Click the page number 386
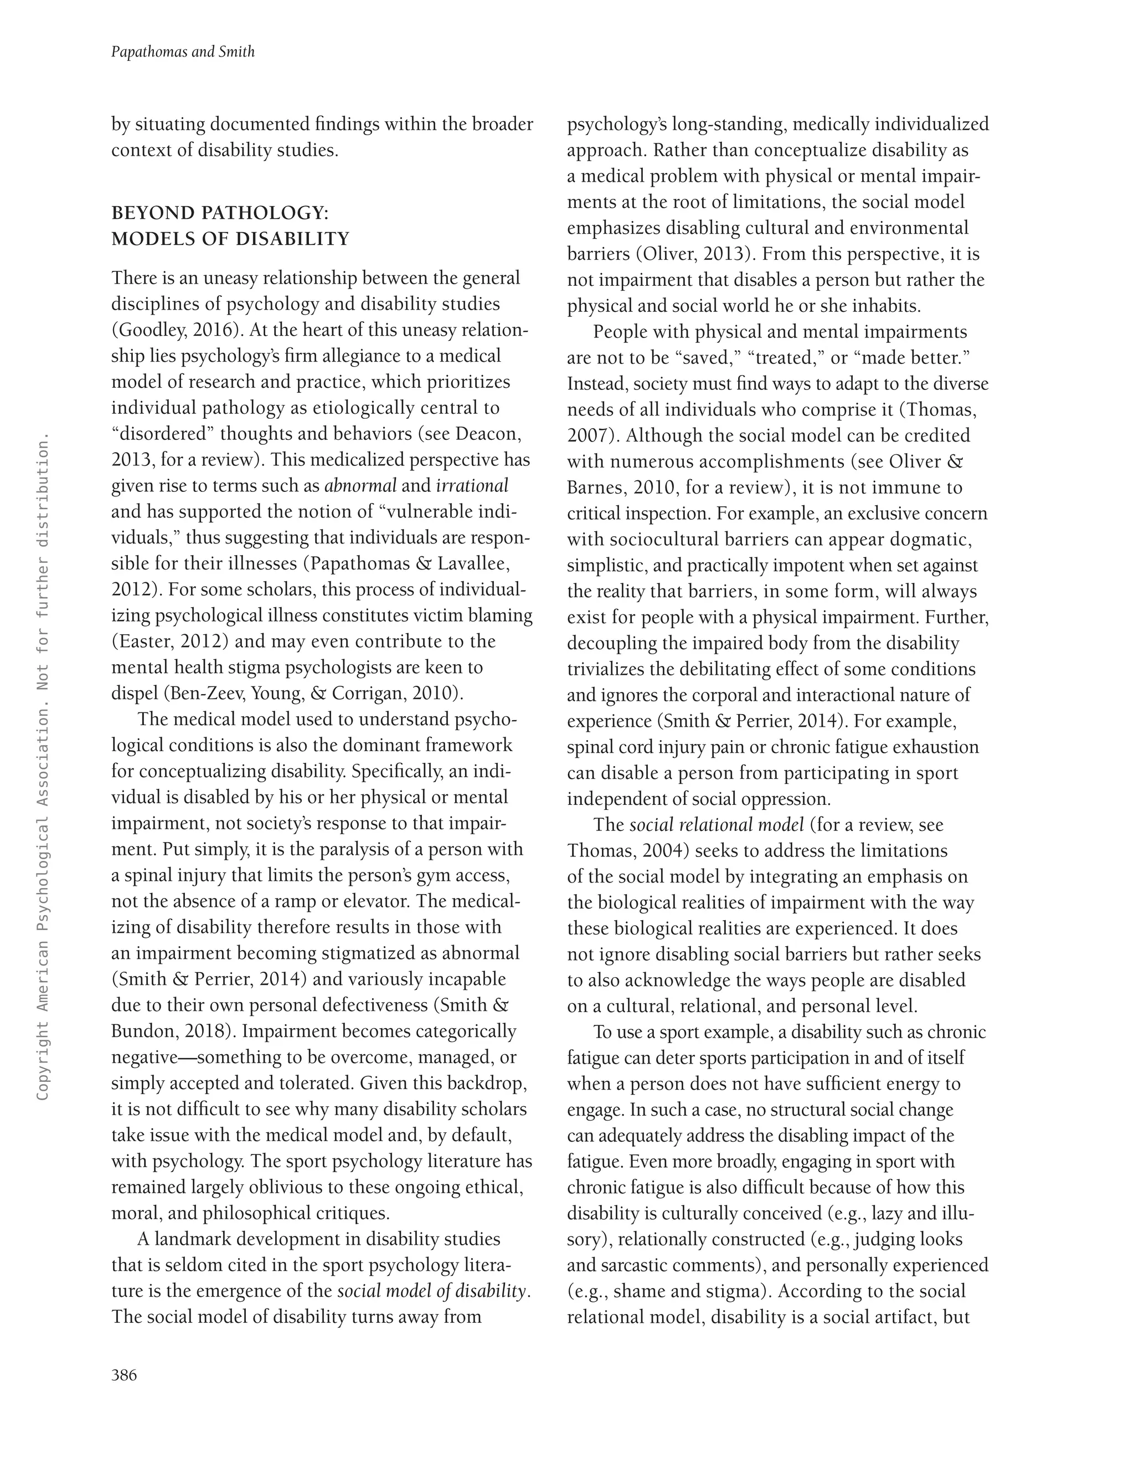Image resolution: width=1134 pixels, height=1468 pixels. click(x=124, y=1375)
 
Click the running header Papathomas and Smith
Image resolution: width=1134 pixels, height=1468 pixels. click(x=183, y=52)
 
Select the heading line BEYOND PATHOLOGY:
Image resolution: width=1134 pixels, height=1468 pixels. click(x=220, y=213)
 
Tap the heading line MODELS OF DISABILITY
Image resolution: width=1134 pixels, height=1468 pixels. click(x=230, y=239)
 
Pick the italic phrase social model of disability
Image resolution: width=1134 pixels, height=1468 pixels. click(x=431, y=1291)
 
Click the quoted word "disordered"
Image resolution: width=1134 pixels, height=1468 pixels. click(x=162, y=434)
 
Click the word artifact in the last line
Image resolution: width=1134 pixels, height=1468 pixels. click(x=901, y=1317)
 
